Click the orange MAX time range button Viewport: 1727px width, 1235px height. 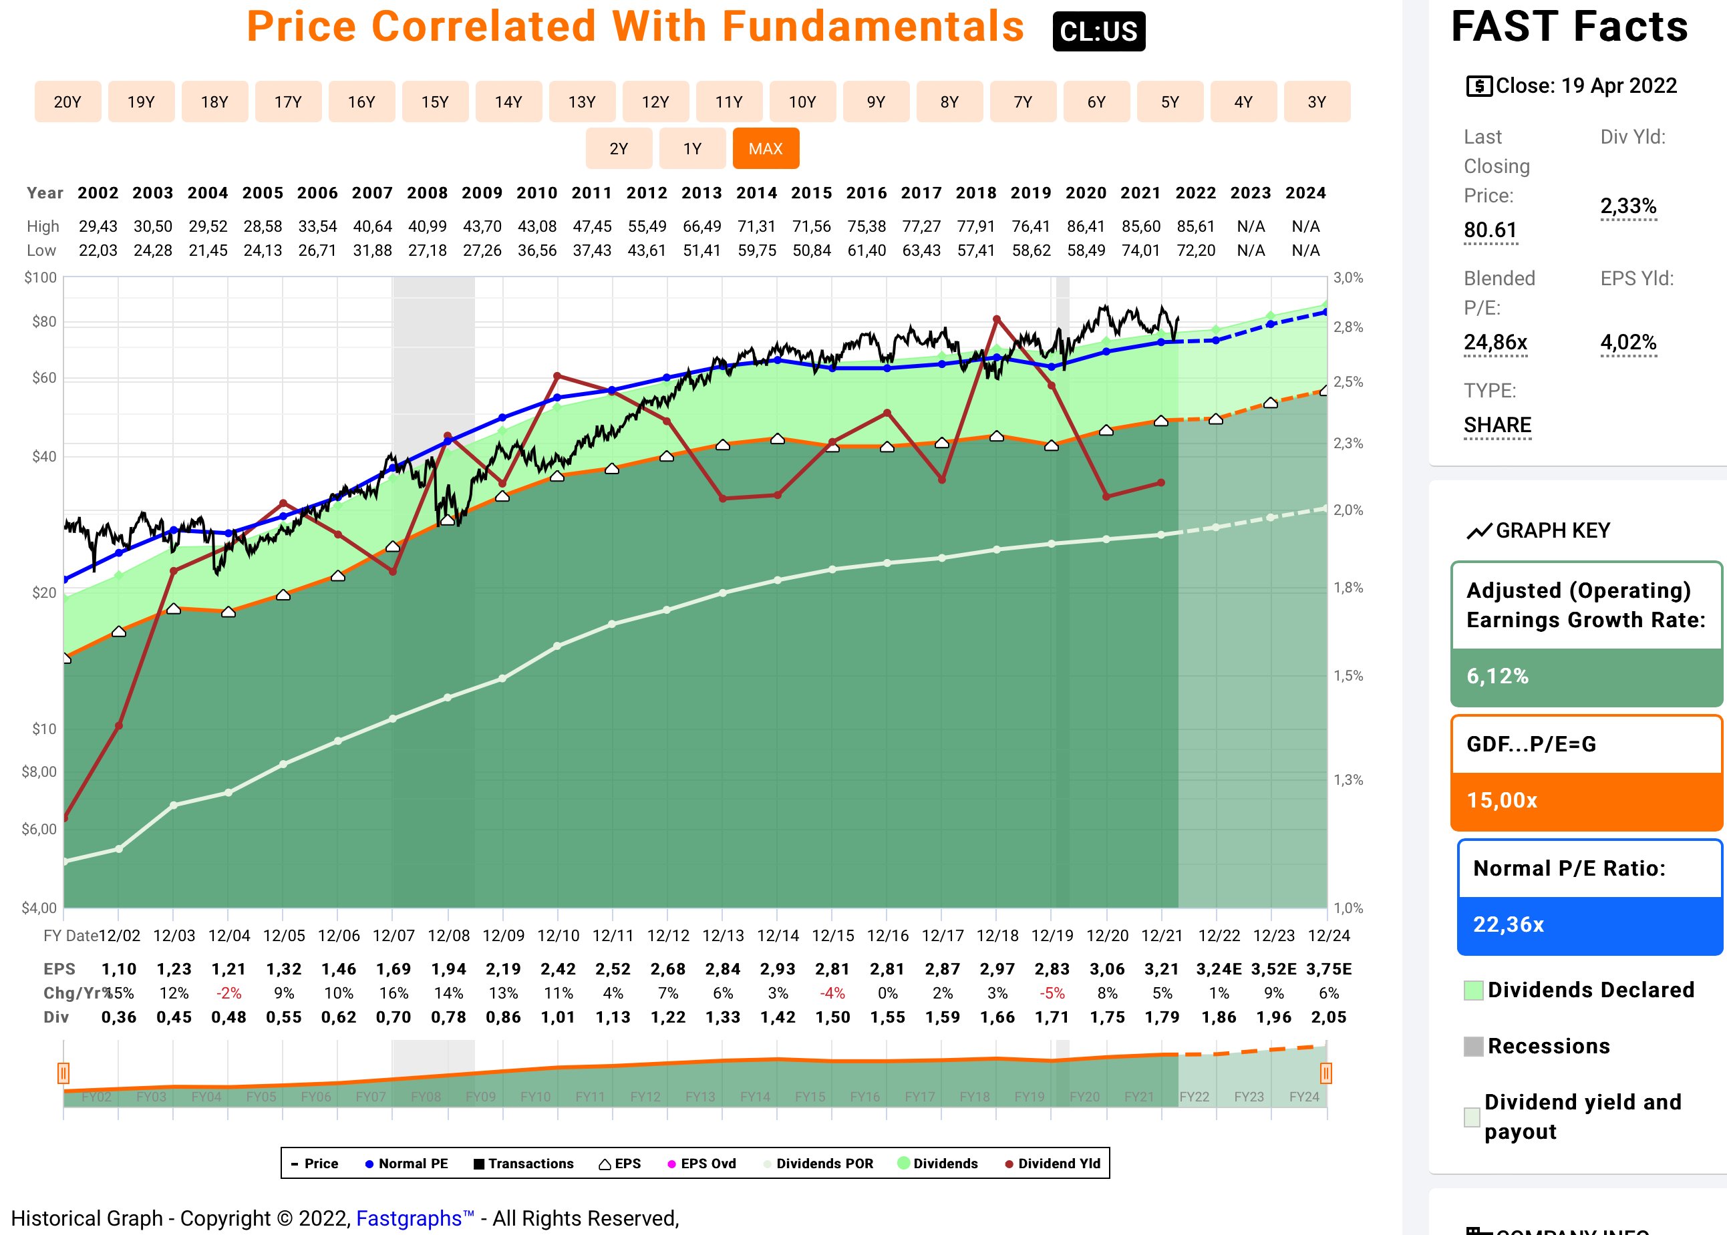765,148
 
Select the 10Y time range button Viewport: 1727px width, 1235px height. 802,102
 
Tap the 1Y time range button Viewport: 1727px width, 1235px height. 692,148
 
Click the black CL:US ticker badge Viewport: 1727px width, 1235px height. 1098,31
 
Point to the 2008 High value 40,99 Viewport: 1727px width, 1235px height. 428,226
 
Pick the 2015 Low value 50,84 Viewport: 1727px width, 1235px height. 812,250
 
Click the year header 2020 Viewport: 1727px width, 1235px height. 1085,193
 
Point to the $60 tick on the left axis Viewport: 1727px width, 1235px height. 44,378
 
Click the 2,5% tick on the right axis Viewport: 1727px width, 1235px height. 1348,382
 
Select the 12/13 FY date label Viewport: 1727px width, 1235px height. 722,935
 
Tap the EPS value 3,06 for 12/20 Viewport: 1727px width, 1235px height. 1107,969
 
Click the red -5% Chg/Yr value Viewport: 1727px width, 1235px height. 1052,993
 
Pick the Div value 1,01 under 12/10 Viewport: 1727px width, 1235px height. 558,1017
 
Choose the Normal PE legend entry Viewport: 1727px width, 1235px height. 407,1164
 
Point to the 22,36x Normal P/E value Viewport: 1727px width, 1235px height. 1508,924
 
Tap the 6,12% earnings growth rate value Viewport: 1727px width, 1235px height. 1497,676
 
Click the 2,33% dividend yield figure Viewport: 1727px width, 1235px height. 1628,206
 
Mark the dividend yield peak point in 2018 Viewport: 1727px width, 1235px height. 996,319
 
